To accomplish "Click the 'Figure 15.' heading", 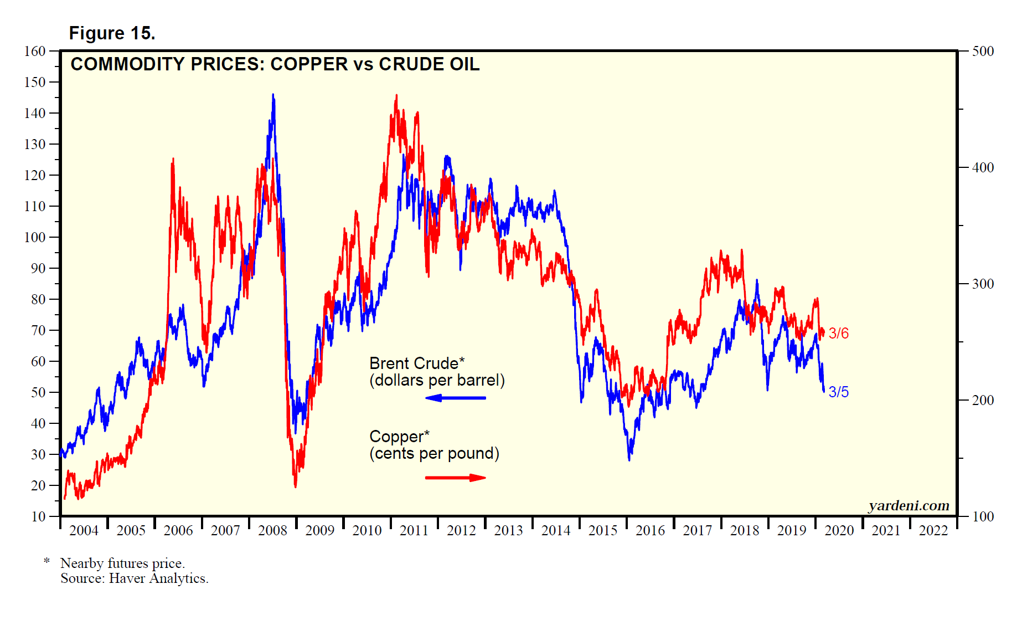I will [x=112, y=33].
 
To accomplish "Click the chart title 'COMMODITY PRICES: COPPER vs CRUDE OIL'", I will [x=275, y=64].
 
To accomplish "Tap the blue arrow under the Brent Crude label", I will [x=455, y=398].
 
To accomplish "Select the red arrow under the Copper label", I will [x=455, y=478].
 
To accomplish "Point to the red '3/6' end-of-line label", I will [x=838, y=333].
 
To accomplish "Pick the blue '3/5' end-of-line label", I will [x=838, y=392].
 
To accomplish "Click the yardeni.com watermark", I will [x=909, y=505].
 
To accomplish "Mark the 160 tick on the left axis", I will [x=35, y=51].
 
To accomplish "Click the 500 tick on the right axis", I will [x=983, y=51].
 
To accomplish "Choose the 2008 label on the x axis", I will [x=272, y=530].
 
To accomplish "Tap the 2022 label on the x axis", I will [x=933, y=530].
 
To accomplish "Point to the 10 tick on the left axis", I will [x=38, y=516].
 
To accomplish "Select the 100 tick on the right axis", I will [x=983, y=516].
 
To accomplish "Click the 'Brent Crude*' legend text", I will [x=417, y=363].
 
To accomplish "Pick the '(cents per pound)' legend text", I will [x=434, y=453].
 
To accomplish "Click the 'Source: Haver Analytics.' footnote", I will [x=135, y=578].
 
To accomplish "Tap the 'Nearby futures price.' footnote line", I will [x=122, y=563].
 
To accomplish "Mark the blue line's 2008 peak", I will [x=273, y=95].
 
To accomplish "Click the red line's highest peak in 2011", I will [x=396, y=96].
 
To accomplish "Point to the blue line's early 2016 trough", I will [x=629, y=459].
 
